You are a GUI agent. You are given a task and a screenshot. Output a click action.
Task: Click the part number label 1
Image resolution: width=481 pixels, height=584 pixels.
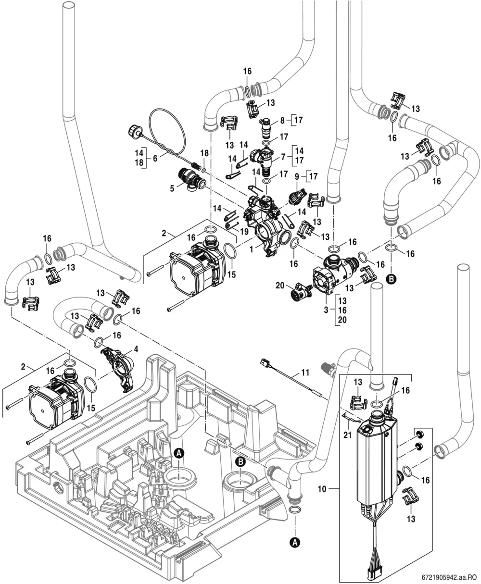point(251,249)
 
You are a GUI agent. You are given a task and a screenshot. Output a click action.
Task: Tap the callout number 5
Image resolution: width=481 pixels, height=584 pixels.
point(172,188)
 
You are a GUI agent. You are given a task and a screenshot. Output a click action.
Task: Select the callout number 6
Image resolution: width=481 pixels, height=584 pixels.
point(155,158)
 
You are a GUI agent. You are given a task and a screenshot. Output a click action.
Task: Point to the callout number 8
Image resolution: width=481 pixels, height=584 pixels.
point(282,120)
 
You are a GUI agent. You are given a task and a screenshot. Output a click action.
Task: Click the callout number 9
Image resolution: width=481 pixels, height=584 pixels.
point(297,176)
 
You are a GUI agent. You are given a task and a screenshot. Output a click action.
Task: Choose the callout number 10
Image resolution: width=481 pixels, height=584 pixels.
point(322,489)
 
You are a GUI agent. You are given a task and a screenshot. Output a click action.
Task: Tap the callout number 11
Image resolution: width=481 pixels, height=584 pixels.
point(305,373)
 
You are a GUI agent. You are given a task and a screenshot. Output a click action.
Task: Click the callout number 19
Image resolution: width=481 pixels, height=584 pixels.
point(244,231)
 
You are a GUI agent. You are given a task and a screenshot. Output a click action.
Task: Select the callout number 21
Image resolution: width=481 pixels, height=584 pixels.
point(347,435)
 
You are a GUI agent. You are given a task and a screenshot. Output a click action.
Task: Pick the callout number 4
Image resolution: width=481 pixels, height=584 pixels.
point(136,349)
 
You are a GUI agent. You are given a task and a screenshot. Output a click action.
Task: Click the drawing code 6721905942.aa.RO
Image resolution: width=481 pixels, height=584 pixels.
point(451,577)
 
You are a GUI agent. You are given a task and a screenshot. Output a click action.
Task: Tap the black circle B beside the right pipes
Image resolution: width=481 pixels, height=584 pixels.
point(391,279)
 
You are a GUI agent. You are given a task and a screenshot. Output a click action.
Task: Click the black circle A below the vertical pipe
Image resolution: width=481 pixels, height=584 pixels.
point(295,542)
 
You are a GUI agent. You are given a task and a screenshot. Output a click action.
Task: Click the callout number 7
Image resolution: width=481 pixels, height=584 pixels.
point(283,157)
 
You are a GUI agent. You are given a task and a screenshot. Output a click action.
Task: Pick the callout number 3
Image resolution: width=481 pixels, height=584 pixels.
point(326,310)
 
